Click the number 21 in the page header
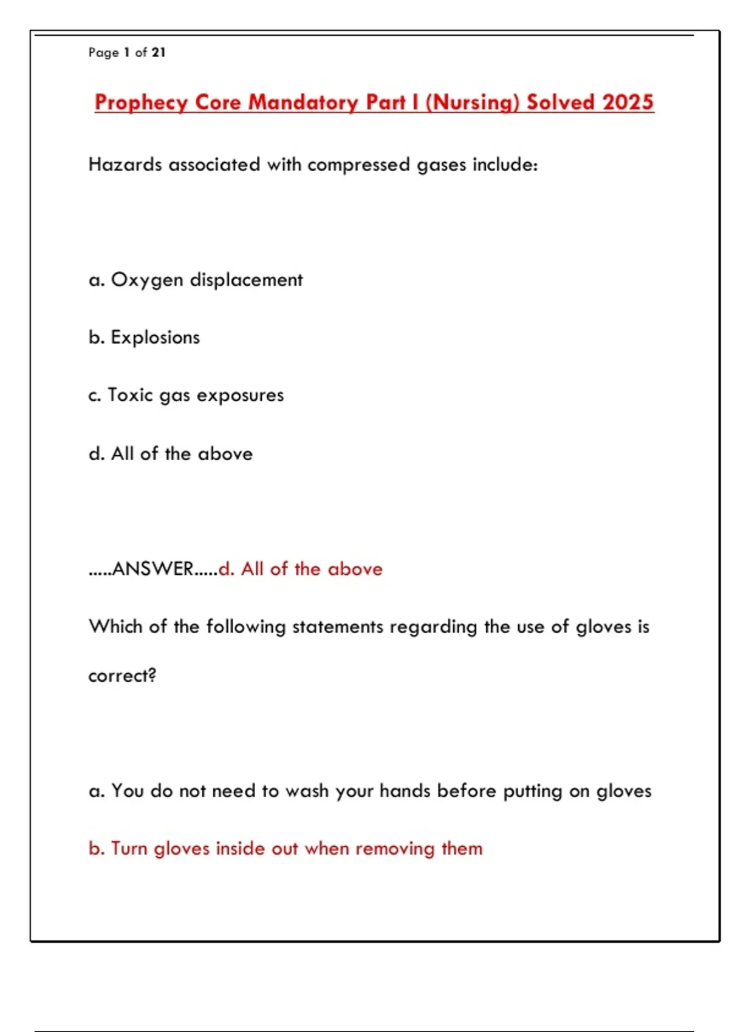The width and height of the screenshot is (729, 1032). click(159, 53)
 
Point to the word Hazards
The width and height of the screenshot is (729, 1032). click(125, 165)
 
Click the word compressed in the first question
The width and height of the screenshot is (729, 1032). click(358, 165)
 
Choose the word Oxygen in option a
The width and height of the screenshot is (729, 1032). click(147, 280)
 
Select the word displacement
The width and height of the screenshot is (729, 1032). click(246, 280)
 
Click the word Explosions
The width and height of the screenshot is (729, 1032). click(155, 338)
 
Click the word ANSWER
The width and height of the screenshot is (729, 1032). click(152, 569)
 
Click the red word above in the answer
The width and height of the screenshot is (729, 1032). click(355, 569)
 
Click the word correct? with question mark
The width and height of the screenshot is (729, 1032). click(122, 676)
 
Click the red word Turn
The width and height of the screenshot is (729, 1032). click(129, 849)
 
